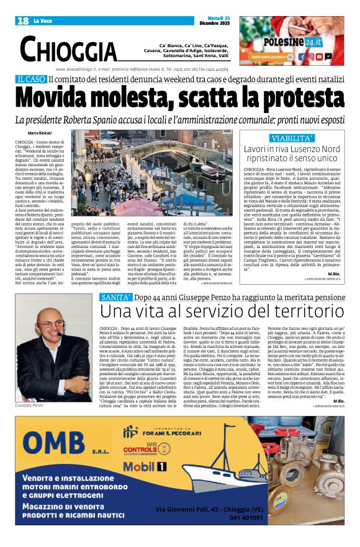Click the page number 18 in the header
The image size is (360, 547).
pyautogui.click(x=23, y=21)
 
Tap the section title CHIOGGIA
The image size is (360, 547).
pyautogui.click(x=68, y=49)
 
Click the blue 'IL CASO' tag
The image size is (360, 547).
pyautogui.click(x=32, y=79)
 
